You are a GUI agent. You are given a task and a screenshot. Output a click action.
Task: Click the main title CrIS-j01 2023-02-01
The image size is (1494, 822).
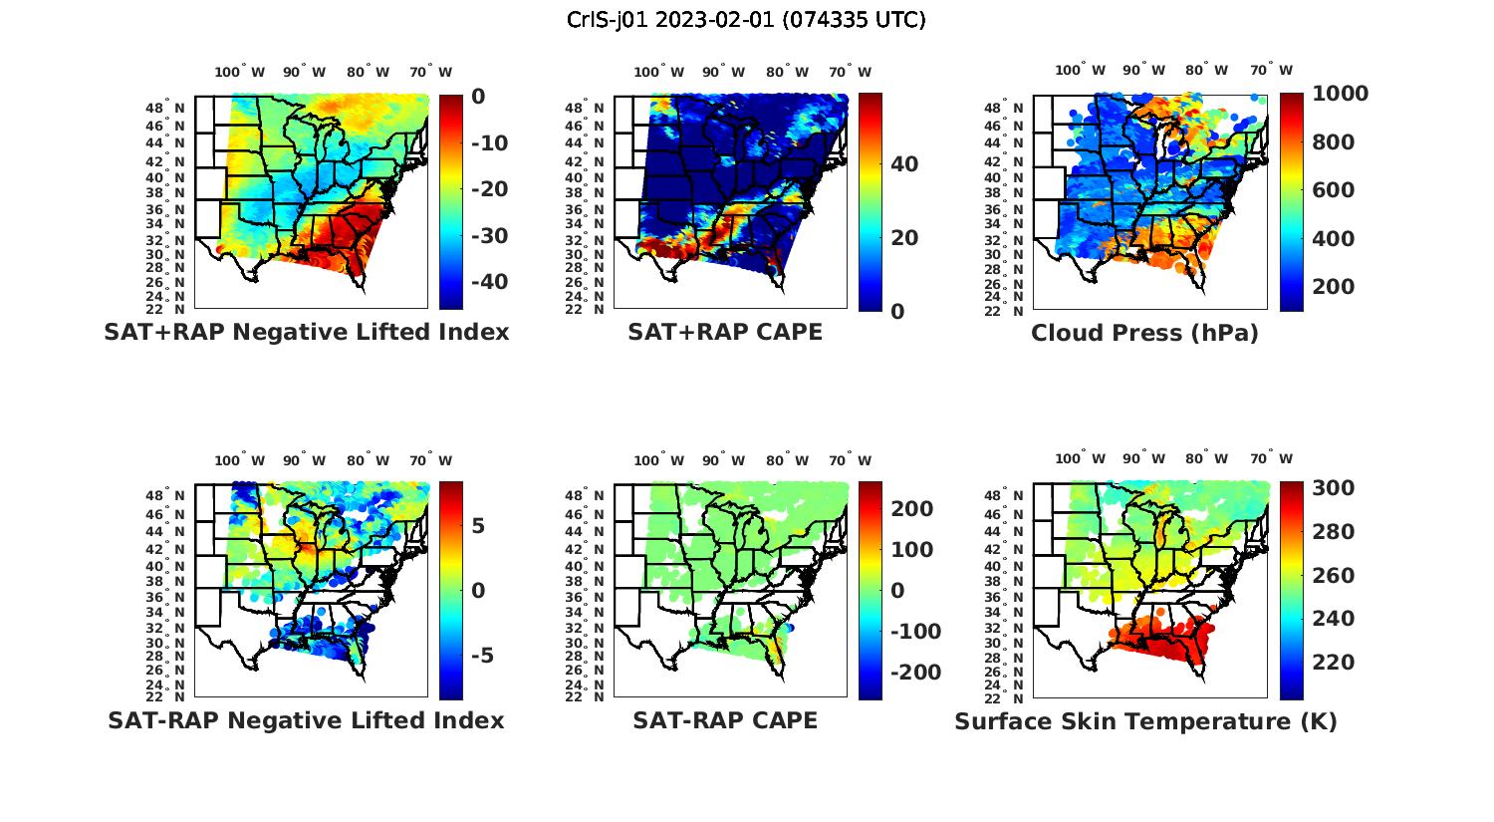point(746,19)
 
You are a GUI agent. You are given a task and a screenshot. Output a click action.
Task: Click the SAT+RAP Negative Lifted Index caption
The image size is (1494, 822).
point(307,332)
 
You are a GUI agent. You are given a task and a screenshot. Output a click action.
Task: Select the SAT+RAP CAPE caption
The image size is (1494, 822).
point(725,332)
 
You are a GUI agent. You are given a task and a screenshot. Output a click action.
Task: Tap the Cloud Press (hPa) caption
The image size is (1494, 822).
point(1144,333)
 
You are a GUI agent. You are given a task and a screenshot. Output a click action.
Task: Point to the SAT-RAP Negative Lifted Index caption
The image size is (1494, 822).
point(306,720)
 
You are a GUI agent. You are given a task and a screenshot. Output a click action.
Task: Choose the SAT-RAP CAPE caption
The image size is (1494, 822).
point(725,720)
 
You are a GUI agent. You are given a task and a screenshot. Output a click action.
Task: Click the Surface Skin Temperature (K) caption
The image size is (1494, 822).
point(1145,721)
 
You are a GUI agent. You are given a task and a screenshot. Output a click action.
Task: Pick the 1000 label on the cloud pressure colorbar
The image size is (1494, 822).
point(1340,94)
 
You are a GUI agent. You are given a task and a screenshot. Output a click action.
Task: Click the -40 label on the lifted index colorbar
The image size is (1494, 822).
point(486,282)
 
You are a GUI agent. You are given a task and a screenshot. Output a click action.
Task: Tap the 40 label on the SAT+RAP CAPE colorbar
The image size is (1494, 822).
point(904,164)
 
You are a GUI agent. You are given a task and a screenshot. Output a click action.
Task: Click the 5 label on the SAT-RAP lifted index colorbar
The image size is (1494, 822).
point(478,525)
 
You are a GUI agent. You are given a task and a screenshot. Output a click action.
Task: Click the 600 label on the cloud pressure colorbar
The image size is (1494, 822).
point(1333,190)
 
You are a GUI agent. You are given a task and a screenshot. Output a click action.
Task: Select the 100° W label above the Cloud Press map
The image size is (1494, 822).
point(1081,71)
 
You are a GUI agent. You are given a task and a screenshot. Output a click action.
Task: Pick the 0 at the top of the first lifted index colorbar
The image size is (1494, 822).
point(478,97)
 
